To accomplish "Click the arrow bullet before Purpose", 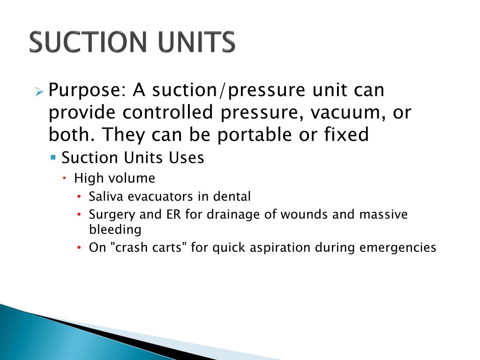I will click(x=39, y=90).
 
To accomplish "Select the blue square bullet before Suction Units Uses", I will click(x=53, y=157).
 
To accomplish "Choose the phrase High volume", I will click(x=114, y=178).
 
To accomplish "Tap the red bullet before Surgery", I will click(x=79, y=215).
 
